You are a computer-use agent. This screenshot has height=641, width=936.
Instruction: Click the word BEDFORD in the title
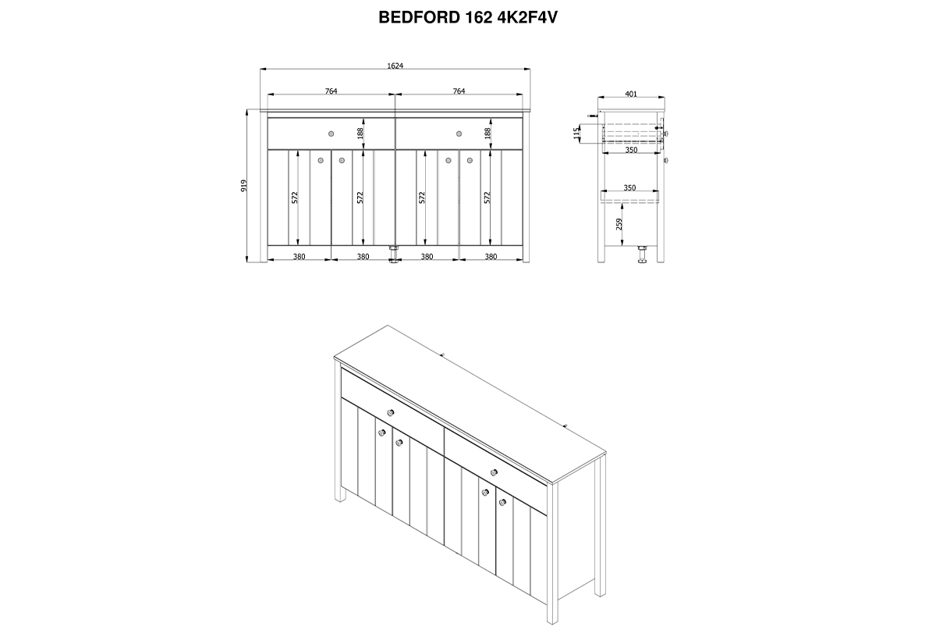click(420, 17)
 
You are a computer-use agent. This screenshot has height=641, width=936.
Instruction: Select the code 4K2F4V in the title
click(527, 17)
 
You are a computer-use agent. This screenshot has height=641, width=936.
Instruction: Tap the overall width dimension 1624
click(395, 66)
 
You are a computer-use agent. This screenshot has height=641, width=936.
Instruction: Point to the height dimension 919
click(244, 186)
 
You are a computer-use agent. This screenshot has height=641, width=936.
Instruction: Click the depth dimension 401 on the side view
click(631, 94)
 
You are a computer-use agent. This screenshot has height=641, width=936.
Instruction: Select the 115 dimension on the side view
click(577, 133)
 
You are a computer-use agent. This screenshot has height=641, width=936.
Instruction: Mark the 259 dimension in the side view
click(619, 224)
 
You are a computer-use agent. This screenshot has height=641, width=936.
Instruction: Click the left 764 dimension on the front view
click(331, 91)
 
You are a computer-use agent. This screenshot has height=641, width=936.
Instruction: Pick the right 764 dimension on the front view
click(459, 91)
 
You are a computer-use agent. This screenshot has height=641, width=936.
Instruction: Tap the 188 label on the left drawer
click(360, 134)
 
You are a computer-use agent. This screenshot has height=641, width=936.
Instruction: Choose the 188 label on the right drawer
click(487, 134)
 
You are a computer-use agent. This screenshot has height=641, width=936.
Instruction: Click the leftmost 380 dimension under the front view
click(300, 257)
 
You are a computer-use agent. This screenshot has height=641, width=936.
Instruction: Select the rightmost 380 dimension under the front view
click(491, 257)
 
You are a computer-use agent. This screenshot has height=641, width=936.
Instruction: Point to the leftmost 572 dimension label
click(295, 198)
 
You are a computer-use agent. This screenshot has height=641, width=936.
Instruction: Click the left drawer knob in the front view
click(331, 134)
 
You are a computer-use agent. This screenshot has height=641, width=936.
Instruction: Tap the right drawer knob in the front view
click(459, 134)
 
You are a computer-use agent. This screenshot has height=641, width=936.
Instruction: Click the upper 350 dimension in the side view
click(631, 150)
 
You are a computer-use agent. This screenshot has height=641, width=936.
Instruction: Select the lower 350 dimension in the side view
click(629, 187)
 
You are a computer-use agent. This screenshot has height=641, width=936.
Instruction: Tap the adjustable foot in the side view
click(642, 255)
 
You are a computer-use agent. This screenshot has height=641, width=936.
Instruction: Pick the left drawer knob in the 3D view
click(391, 413)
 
